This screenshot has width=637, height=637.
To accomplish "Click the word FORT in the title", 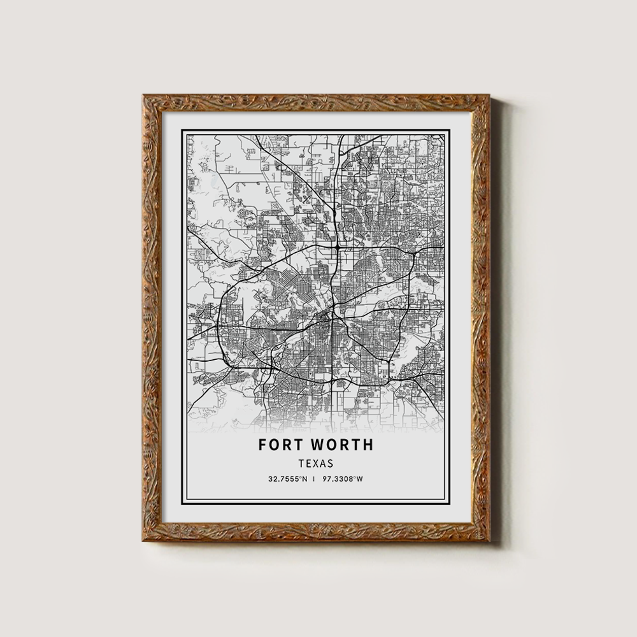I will pyautogui.click(x=282, y=445).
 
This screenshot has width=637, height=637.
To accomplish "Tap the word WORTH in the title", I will pyautogui.click(x=344, y=445).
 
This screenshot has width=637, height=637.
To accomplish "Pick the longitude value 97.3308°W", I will pyautogui.click(x=343, y=479).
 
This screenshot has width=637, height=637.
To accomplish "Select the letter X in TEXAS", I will pyautogui.click(x=316, y=464).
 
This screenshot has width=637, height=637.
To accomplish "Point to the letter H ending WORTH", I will pyautogui.click(x=368, y=445).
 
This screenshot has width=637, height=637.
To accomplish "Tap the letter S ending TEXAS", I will pyautogui.click(x=330, y=464).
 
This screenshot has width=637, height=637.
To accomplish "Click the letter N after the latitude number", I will pyautogui.click(x=305, y=479).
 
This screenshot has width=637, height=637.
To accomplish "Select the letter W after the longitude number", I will pyautogui.click(x=360, y=479).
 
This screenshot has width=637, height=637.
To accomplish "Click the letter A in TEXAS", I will pyautogui.click(x=323, y=464).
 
